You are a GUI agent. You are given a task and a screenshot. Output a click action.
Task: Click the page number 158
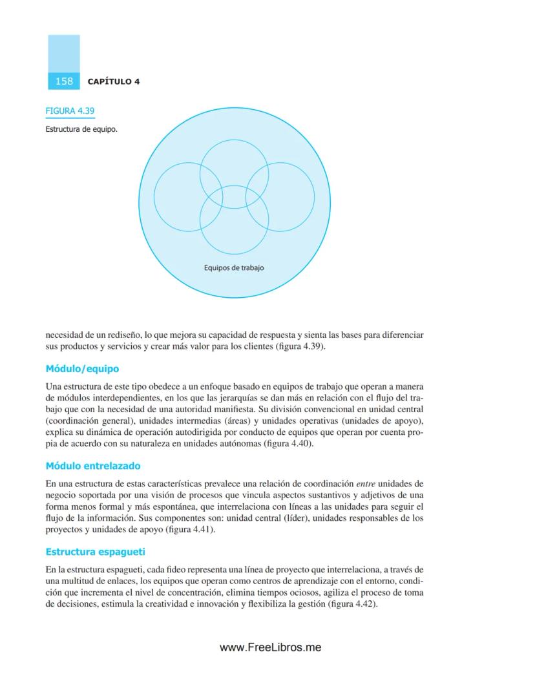point(64,81)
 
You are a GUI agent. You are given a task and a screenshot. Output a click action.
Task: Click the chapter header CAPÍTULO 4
point(114,81)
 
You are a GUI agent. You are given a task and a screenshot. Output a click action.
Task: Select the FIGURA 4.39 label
point(70,111)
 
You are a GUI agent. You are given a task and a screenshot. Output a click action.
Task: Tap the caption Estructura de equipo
point(81,129)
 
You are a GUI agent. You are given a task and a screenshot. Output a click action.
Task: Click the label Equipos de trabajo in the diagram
point(234,267)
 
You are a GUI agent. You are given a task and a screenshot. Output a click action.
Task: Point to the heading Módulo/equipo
point(82,369)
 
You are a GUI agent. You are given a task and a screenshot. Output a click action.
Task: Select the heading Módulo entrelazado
point(93,466)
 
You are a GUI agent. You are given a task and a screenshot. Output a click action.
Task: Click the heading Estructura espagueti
point(95,552)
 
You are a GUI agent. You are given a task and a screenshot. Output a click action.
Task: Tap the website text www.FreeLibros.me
point(270,647)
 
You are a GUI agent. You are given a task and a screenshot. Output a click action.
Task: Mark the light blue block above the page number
point(64,54)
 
